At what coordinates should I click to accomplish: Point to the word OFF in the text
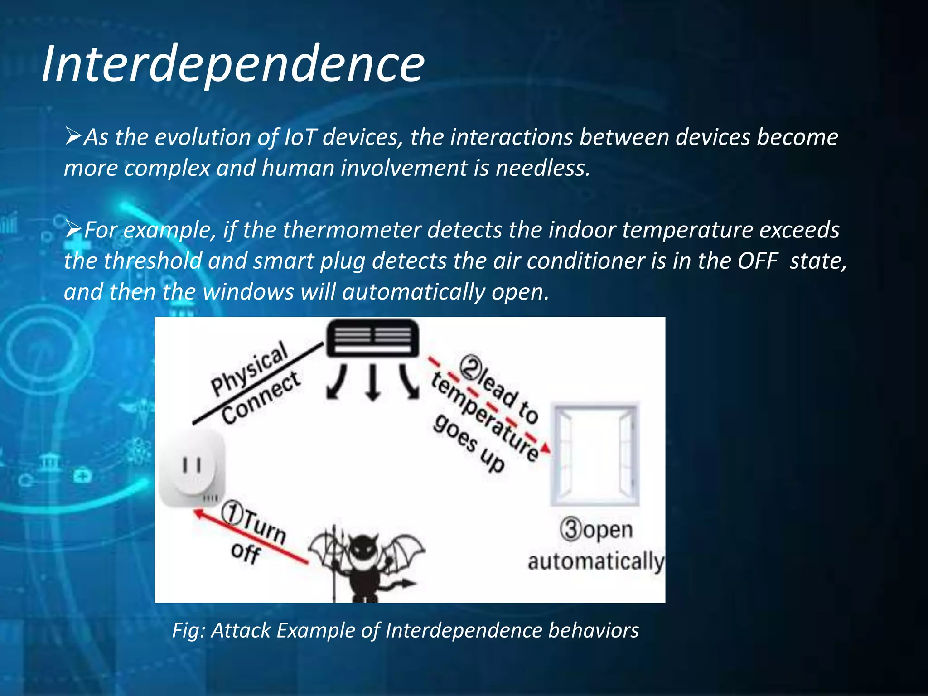coord(757,261)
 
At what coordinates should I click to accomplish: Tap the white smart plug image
coord(192,469)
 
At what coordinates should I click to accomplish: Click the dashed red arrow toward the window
coord(489,406)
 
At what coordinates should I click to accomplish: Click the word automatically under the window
coord(595,562)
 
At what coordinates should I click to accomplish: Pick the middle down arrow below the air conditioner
coord(372,383)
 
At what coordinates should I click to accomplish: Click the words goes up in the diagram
coord(469,444)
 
